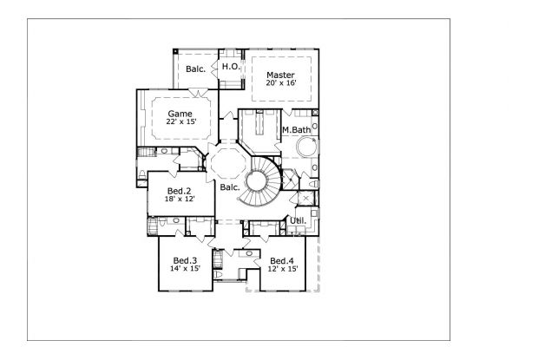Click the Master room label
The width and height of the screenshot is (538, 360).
click(280, 75)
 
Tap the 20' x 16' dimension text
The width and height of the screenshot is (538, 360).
click(281, 83)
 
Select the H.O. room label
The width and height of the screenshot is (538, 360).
click(231, 67)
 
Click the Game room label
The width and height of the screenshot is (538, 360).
click(180, 114)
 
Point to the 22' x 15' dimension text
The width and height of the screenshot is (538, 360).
click(181, 121)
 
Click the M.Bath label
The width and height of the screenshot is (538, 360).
click(297, 130)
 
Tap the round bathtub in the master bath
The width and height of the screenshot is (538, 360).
click(307, 147)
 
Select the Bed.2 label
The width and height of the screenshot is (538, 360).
click(180, 191)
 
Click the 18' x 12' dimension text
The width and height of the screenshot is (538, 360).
click(180, 199)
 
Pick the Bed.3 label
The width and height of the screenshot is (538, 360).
click(186, 260)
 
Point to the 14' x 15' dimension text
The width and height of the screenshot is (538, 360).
click(186, 268)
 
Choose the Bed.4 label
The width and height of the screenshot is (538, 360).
click(282, 261)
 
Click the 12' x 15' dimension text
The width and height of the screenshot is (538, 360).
click(283, 269)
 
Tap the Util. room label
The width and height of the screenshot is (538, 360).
click(299, 221)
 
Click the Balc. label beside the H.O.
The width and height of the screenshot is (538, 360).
click(196, 69)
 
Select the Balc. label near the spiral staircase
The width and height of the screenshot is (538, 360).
click(230, 187)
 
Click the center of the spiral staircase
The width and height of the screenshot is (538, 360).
click(256, 181)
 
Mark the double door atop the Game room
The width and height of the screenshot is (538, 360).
click(199, 92)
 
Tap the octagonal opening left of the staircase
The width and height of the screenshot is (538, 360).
click(228, 163)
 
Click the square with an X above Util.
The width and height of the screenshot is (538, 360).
click(305, 199)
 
